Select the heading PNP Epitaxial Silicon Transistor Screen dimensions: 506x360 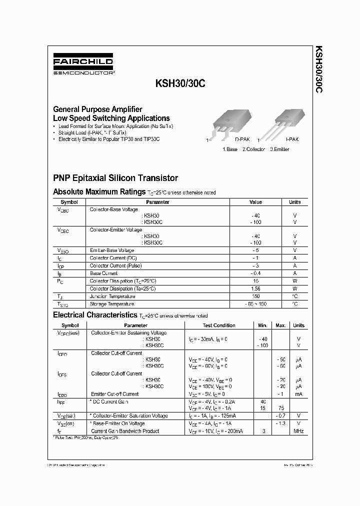(x=115, y=178)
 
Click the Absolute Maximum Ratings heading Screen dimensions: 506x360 (x=99, y=192)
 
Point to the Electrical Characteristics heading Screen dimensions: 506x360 (x=95, y=315)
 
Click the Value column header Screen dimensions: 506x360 (x=255, y=202)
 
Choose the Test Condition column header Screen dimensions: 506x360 (x=219, y=325)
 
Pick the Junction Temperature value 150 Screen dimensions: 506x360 (x=255, y=296)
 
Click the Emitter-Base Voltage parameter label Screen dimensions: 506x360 (x=112, y=250)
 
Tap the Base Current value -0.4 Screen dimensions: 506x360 (x=255, y=273)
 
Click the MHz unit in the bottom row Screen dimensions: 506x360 (x=298, y=431)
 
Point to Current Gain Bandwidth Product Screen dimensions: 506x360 (x=125, y=431)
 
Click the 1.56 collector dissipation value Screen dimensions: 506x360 (x=255, y=288)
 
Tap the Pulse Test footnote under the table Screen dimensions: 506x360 (x=86, y=437)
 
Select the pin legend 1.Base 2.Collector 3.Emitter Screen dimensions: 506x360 (x=255, y=149)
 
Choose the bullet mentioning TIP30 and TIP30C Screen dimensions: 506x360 (x=108, y=139)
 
